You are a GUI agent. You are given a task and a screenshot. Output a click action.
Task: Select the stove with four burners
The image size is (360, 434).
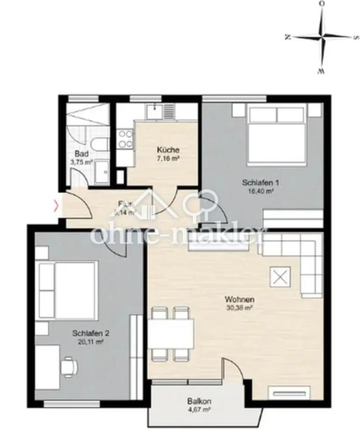pyautogui.click(x=126, y=139)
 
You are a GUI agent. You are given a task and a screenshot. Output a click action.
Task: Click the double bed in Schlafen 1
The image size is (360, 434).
pyautogui.click(x=276, y=134)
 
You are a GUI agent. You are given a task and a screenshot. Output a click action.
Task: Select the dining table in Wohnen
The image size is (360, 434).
pyautogui.click(x=171, y=334)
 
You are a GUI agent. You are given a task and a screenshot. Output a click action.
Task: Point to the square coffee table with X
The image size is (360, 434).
pyautogui.click(x=279, y=277)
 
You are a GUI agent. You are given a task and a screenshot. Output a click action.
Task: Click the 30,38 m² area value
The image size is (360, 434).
pyautogui.click(x=239, y=309)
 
